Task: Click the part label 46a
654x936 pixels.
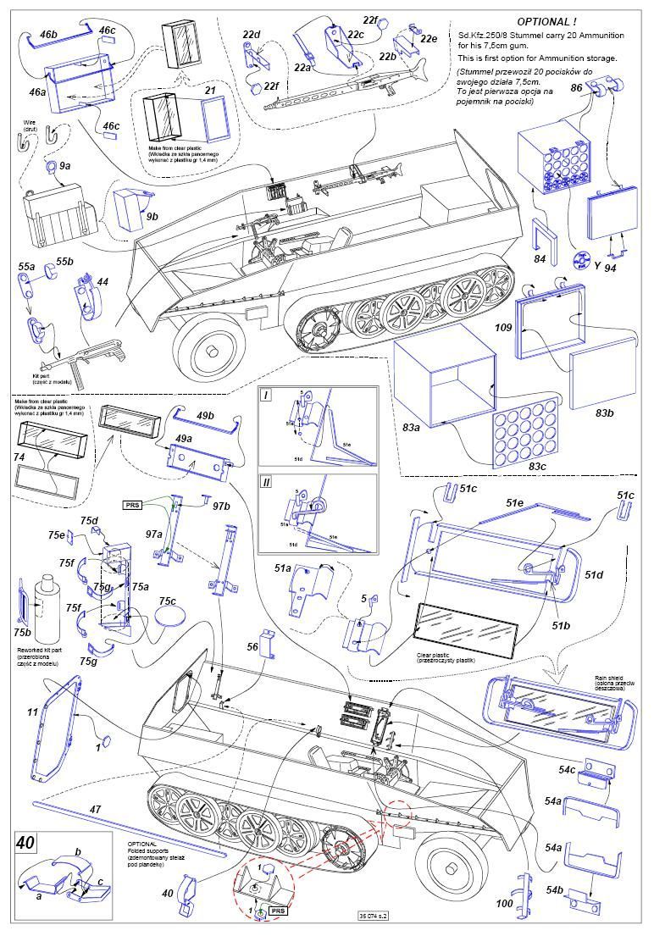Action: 38,92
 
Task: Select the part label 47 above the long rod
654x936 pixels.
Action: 95,810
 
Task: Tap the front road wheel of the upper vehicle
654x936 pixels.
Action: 207,346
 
